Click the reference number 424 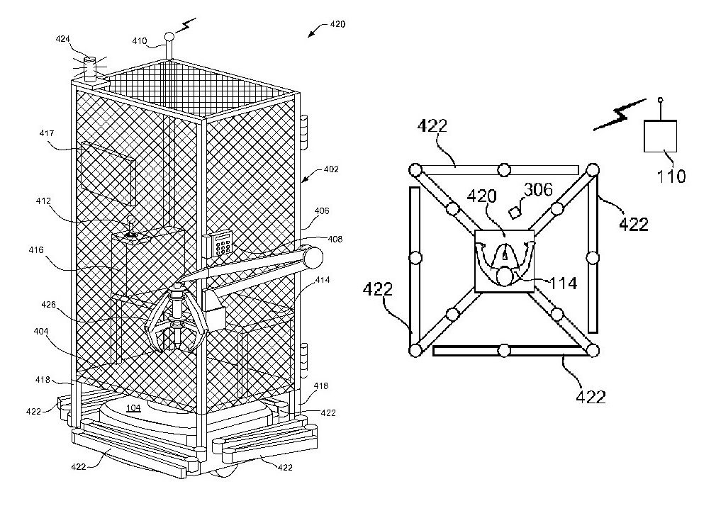click(62, 40)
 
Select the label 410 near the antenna click(139, 41)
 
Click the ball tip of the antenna click(169, 35)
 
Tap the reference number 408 click(335, 240)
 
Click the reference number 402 click(331, 170)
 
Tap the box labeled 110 click(660, 135)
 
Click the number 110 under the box click(671, 175)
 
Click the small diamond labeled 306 click(515, 211)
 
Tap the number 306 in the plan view click(537, 190)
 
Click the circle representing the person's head click(505, 276)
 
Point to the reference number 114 click(564, 283)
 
